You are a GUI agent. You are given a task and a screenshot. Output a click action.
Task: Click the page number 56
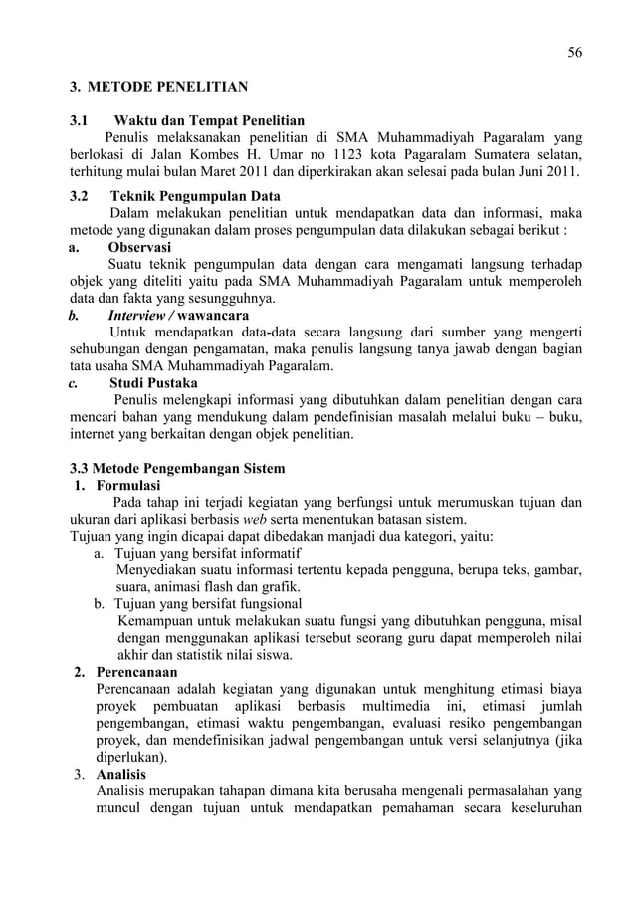coord(574,52)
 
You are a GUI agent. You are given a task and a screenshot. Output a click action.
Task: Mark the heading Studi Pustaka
coord(152,383)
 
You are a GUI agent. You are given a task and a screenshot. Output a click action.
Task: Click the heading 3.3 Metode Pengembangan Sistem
coord(177,468)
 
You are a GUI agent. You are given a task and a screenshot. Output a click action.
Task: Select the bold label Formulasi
coord(128,486)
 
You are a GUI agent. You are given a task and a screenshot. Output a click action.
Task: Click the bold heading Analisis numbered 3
coord(120,775)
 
